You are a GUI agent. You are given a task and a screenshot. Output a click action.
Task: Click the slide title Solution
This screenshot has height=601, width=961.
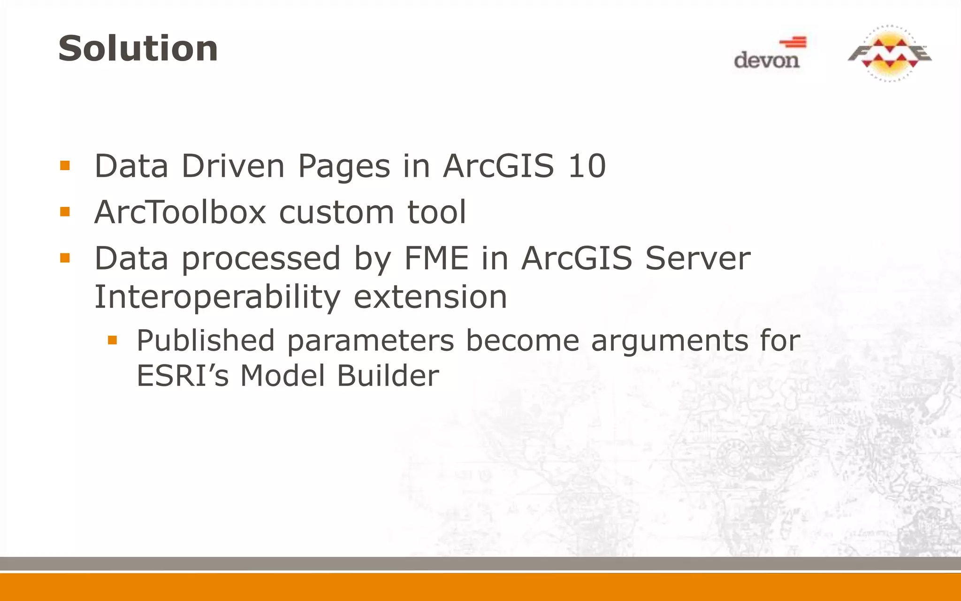click(x=138, y=49)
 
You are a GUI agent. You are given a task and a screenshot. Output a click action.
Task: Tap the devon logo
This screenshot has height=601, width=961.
click(x=769, y=54)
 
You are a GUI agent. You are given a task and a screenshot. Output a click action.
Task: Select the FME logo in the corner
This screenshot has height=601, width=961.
click(x=889, y=54)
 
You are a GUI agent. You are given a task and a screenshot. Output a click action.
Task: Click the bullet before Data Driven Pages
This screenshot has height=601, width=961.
click(x=65, y=166)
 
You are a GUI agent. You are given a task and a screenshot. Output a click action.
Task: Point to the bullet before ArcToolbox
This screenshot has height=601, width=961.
click(x=65, y=212)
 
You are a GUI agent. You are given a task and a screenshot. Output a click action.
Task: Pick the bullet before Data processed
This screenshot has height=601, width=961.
click(x=65, y=258)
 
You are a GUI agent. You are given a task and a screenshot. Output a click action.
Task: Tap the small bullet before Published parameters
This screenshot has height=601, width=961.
click(x=112, y=339)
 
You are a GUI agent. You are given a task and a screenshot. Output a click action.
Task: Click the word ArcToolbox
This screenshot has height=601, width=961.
click(x=180, y=212)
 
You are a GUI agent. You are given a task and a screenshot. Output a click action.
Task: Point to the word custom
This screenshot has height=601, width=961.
click(x=336, y=213)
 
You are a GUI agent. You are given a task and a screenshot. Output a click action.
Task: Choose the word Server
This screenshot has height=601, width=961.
click(x=698, y=258)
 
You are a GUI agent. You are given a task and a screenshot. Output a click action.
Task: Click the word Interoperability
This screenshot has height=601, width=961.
click(x=217, y=297)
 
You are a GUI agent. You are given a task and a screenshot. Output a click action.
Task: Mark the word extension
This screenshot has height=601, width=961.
click(x=430, y=297)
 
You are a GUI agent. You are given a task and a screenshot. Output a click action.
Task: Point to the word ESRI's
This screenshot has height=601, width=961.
click(x=183, y=376)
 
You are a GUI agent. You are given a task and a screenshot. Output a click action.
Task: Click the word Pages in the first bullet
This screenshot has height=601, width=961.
click(x=344, y=167)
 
